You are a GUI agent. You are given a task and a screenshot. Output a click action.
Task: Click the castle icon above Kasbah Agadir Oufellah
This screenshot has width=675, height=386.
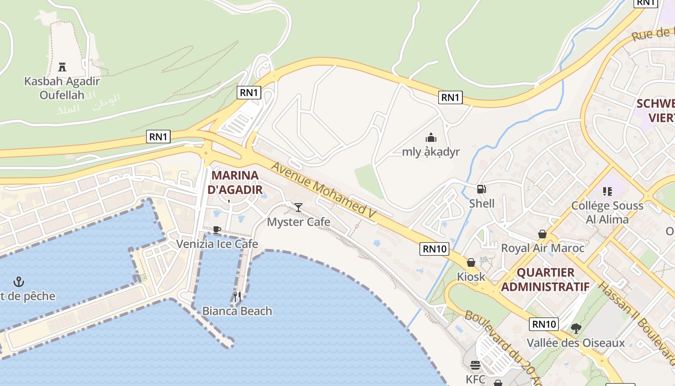tap(62, 67)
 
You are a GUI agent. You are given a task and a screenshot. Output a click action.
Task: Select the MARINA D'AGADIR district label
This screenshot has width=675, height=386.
tap(235, 182)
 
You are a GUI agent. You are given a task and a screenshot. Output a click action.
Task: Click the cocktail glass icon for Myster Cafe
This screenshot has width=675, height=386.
tap(298, 207)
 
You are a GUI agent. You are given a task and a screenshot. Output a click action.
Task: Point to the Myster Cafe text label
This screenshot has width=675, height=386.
tap(298, 222)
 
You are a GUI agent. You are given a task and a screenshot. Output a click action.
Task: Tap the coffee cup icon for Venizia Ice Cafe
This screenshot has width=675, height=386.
tap(217, 230)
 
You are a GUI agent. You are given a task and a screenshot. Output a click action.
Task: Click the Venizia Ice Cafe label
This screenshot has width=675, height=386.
tap(217, 244)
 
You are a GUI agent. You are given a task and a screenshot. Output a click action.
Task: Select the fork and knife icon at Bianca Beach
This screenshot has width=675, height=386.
tap(237, 296)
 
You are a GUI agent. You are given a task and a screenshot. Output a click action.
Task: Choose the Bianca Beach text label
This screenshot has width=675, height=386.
tap(237, 311)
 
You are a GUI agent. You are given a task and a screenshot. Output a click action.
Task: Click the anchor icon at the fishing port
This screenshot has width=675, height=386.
tap(19, 281)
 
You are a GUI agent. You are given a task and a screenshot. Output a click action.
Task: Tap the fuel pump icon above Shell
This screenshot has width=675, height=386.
tap(481, 189)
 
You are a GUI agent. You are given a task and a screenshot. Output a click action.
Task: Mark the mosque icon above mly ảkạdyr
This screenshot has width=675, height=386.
tap(431, 138)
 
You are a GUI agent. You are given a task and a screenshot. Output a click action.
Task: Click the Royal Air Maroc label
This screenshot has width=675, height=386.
tap(542, 248)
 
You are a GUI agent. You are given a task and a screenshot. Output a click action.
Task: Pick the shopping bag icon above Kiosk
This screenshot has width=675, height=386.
tap(471, 262)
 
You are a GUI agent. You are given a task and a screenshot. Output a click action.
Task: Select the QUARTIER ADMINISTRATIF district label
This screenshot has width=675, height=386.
tap(545, 280)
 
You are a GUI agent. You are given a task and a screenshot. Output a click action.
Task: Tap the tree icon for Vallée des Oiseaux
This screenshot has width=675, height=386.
tap(576, 329)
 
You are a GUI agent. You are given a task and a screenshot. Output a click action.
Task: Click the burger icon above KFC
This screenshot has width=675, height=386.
tap(475, 365)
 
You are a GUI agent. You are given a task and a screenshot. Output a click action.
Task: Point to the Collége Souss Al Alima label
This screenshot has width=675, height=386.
tap(607, 212)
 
